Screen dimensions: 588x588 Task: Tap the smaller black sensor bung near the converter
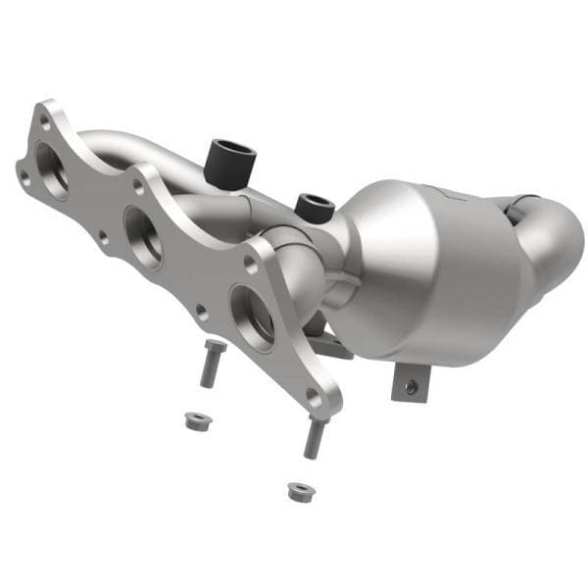coord(313,203)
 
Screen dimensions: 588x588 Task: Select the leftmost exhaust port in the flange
coord(51,170)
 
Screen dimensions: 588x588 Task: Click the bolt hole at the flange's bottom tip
coord(313,395)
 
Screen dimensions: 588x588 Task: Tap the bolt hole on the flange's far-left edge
coord(23,176)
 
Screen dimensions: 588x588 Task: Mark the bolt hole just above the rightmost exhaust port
coord(252,264)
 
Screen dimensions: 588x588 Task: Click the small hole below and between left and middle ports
coord(103,236)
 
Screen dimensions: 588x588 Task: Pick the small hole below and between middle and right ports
coord(201,314)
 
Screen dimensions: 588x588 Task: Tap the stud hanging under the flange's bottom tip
coord(314,437)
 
